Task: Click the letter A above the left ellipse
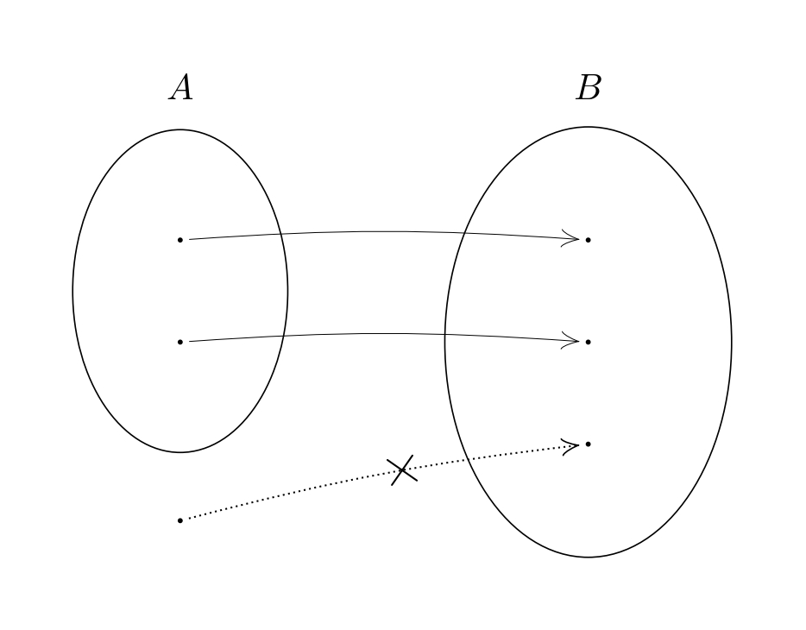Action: [180, 88]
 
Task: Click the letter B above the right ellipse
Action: [589, 88]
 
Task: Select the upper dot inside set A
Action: [180, 239]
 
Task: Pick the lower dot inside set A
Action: [180, 342]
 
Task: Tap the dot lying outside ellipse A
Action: [180, 520]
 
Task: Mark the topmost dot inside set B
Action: [589, 239]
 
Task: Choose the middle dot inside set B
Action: [589, 342]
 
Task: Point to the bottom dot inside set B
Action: [589, 444]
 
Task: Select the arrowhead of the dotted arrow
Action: [571, 446]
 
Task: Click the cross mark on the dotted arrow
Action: [403, 470]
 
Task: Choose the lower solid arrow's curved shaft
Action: [371, 334]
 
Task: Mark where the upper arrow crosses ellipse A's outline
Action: [282, 234]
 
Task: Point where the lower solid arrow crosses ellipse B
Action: [445, 335]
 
